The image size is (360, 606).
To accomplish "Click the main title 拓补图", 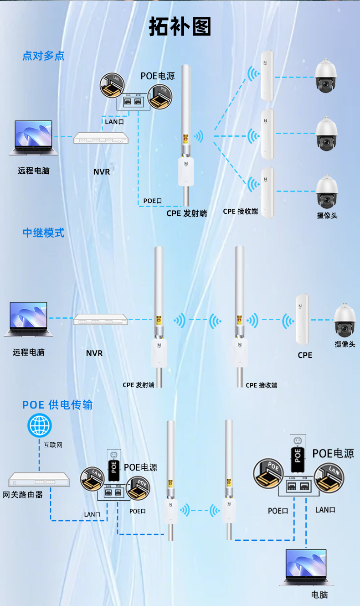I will click(180, 27).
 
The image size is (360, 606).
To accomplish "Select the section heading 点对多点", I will click(43, 56).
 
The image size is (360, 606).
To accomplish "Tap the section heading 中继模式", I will click(44, 233).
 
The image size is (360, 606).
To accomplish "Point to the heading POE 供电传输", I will click(57, 404).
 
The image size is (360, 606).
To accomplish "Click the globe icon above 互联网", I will click(40, 425).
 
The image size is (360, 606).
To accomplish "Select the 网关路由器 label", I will click(23, 494).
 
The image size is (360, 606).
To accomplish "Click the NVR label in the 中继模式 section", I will click(94, 353).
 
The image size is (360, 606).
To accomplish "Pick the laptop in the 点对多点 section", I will click(34, 138).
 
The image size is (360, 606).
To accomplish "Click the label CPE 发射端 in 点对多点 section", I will click(186, 213).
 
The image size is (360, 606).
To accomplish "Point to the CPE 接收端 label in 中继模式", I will click(261, 385).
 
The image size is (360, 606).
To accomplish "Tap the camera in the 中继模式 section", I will click(345, 320).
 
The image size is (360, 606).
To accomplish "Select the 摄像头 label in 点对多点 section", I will click(327, 215).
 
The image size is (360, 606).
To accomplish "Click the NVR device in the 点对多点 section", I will click(101, 138).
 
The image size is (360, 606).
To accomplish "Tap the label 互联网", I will click(53, 444).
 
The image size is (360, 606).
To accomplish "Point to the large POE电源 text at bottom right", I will click(333, 453).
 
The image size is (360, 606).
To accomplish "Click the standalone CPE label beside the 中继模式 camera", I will click(305, 355).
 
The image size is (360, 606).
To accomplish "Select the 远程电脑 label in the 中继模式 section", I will click(29, 352).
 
